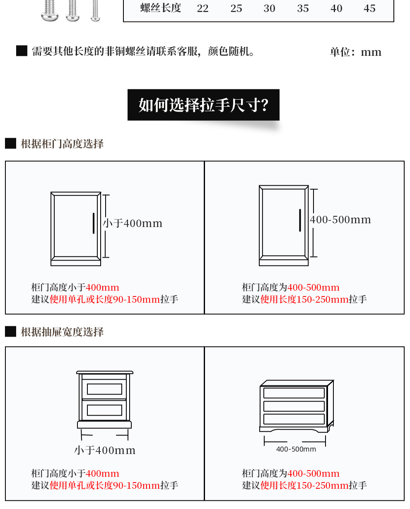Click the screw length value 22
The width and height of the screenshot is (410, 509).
tap(203, 9)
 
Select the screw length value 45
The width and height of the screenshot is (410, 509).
tap(369, 9)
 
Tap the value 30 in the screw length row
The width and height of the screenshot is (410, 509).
tap(269, 9)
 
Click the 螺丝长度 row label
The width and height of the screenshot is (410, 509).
tap(161, 8)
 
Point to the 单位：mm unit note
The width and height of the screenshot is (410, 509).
tap(355, 52)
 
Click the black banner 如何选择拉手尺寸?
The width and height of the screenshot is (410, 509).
tap(203, 105)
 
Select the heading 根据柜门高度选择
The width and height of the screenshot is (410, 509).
tap(62, 144)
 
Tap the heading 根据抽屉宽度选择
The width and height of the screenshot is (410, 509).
tap(62, 332)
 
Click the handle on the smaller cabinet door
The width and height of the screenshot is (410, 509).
tap(94, 223)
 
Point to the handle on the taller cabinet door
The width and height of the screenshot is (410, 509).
tap(300, 220)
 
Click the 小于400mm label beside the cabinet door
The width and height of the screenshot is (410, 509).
tap(133, 223)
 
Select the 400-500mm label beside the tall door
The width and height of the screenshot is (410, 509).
tap(340, 220)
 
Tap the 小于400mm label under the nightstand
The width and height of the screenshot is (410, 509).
tap(105, 450)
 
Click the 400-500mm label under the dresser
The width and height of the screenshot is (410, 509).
tap(296, 449)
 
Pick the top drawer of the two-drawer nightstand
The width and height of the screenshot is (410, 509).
tap(104, 389)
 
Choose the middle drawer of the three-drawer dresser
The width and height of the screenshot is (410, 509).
tap(294, 406)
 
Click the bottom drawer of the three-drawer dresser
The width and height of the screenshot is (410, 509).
tap(294, 419)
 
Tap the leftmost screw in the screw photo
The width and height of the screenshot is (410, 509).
tap(50, 10)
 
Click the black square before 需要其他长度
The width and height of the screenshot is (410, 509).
tap(22, 51)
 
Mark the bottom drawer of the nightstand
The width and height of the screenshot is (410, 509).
tap(104, 410)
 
